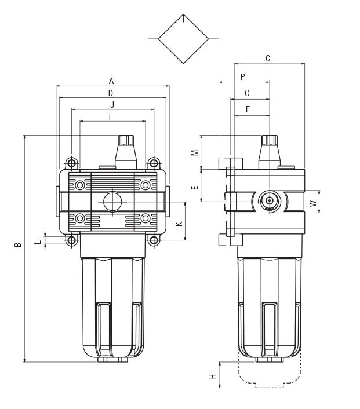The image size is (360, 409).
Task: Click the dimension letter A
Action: point(111,82)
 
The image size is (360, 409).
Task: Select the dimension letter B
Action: point(19,244)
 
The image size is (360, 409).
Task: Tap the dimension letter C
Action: point(267,59)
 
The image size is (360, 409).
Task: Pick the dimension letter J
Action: point(112,105)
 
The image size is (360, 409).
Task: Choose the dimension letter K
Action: point(180,223)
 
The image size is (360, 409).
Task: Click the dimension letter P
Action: point(243,77)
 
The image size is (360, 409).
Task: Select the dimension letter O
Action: point(247,93)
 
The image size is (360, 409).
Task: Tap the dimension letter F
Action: point(248,109)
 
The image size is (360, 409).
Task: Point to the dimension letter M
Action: point(195,152)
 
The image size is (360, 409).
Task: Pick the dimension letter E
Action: point(195,187)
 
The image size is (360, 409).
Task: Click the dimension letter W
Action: point(313,203)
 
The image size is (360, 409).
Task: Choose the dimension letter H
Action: point(213,377)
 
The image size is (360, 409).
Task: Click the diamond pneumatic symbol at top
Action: point(183,39)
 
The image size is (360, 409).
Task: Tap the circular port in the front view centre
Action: point(112,202)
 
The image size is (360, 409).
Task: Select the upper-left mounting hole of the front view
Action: point(71,162)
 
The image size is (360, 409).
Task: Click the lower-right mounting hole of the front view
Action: point(153,240)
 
